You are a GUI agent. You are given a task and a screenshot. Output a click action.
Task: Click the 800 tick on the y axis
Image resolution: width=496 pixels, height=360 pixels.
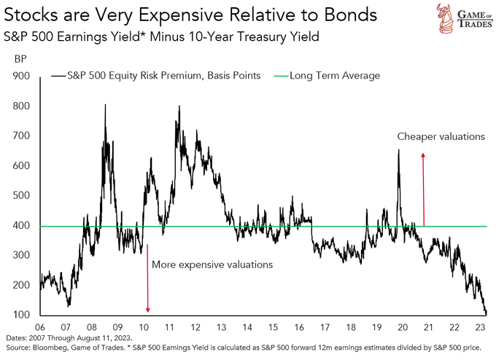coord(23,106)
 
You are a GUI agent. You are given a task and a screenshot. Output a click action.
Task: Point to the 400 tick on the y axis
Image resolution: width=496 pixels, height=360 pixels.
coord(23,226)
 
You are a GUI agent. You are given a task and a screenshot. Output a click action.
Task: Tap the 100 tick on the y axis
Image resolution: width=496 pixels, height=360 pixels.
coord(23,316)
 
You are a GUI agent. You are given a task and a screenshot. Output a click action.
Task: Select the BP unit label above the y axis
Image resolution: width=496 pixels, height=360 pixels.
coord(22,62)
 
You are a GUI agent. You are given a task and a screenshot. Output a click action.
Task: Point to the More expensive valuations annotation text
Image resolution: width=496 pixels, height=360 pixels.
coord(212,265)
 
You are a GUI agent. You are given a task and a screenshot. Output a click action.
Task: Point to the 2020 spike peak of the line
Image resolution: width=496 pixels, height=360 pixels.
coord(398,150)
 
